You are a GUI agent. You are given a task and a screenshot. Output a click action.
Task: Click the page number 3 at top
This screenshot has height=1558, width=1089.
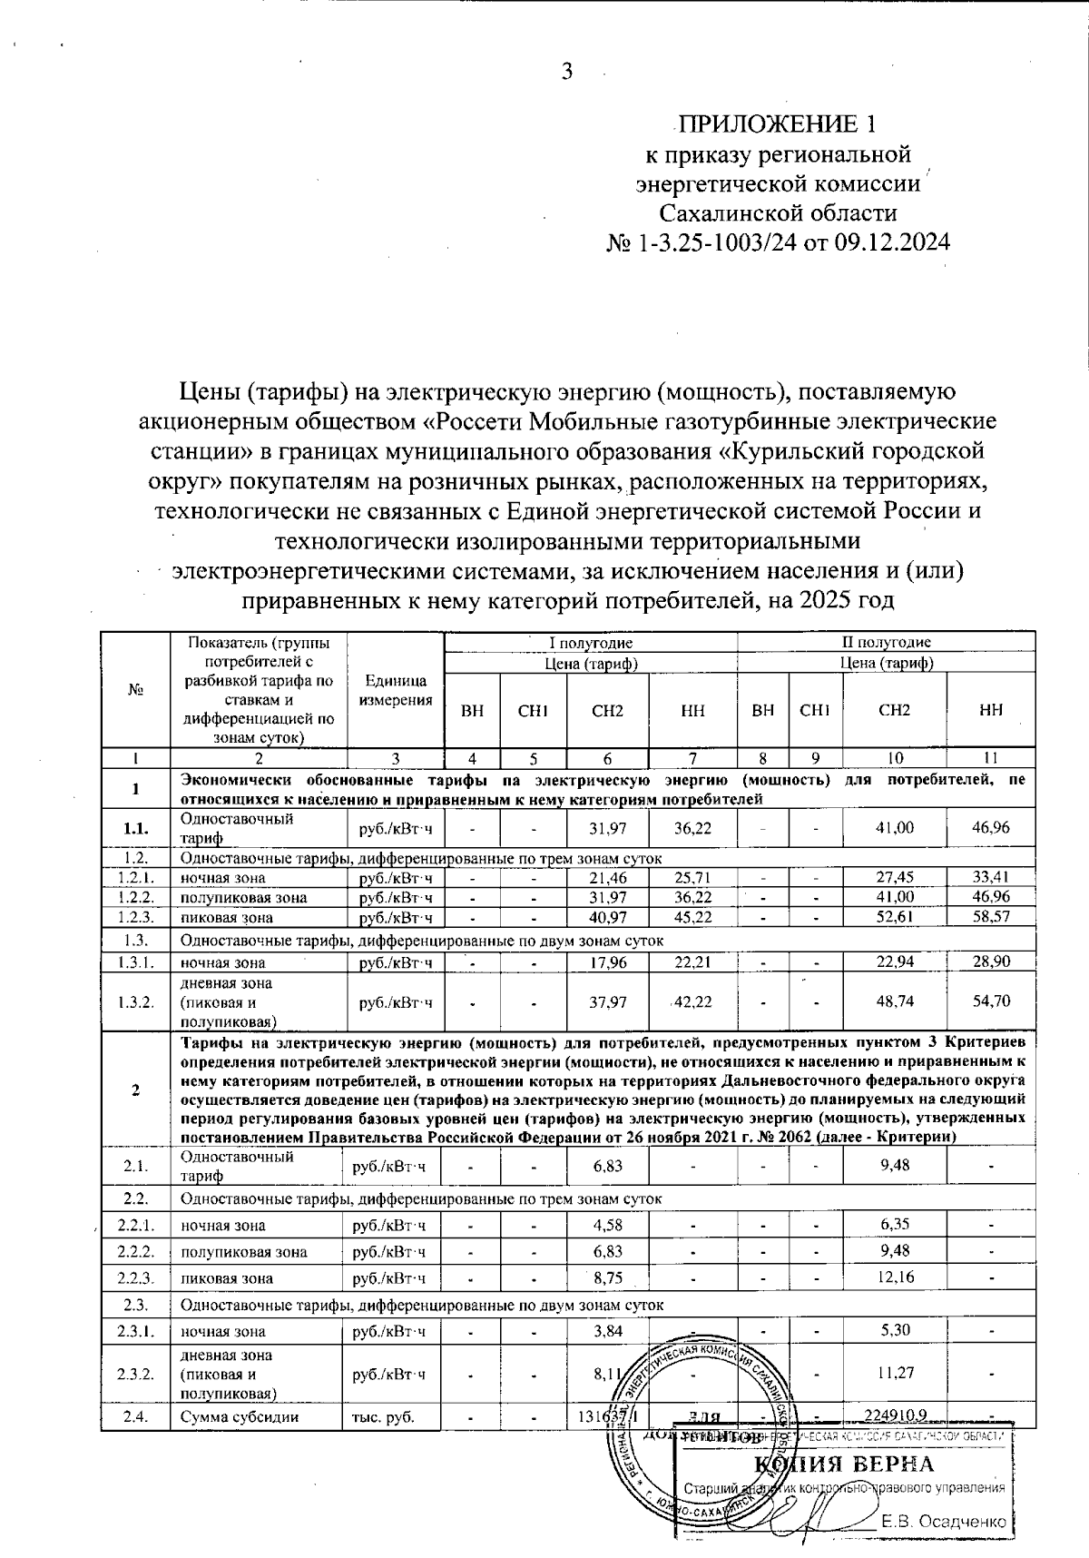pyautogui.click(x=567, y=72)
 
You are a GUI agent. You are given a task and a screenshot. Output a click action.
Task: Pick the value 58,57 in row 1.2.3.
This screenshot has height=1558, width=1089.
pyautogui.click(x=990, y=917)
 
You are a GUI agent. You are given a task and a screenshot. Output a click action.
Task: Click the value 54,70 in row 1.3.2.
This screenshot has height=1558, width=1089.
pyautogui.click(x=990, y=1001)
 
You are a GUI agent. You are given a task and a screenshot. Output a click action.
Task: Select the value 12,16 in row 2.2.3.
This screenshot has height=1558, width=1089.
pyautogui.click(x=894, y=1277)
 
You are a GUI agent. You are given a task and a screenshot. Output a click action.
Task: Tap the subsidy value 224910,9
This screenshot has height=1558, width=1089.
pyautogui.click(x=894, y=1415)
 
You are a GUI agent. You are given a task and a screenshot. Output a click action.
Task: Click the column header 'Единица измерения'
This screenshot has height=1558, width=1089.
pyautogui.click(x=396, y=691)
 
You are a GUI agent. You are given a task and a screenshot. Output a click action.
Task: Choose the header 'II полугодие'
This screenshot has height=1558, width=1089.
pyautogui.click(x=886, y=643)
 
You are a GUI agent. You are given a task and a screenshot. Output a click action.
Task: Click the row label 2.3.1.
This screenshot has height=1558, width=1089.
pyautogui.click(x=135, y=1331)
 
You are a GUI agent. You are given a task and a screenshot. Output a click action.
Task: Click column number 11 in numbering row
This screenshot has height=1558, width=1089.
pyautogui.click(x=990, y=758)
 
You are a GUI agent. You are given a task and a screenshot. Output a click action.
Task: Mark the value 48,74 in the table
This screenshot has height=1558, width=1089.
pyautogui.click(x=894, y=1001)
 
